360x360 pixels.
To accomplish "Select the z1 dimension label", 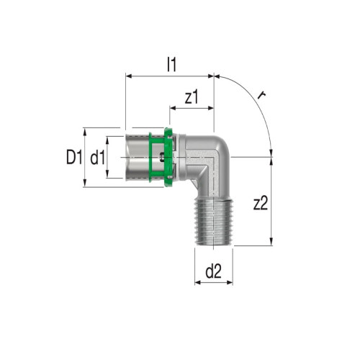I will [x=192, y=97].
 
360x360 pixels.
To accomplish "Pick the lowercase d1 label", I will [x=98, y=158].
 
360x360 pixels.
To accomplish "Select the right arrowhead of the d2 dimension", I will [x=230, y=282].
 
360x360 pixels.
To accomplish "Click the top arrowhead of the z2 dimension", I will [x=271, y=156].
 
